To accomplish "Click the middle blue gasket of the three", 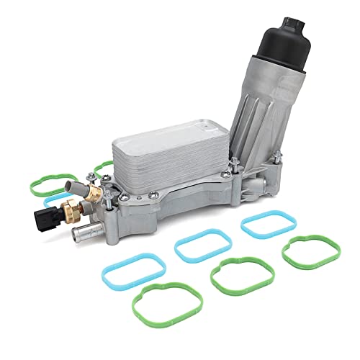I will (201, 246).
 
